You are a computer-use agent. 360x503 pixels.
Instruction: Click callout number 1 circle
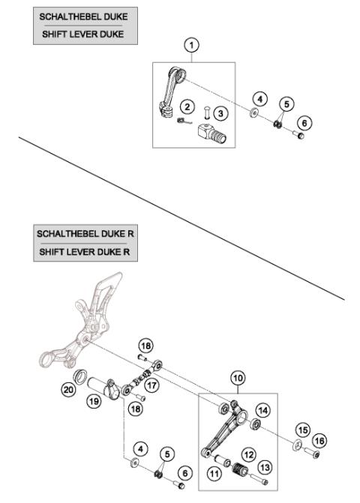[x=193, y=46]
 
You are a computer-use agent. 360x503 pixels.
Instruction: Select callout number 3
[x=220, y=113]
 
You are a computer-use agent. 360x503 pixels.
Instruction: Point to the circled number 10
[x=237, y=379]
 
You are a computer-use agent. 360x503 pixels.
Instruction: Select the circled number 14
[x=262, y=410]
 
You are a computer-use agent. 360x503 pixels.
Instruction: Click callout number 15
[x=302, y=431]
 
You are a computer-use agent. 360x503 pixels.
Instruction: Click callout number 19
[x=94, y=402]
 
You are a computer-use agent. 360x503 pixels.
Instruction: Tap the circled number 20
[x=69, y=389]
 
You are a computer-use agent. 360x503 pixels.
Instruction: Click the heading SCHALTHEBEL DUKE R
[x=84, y=233]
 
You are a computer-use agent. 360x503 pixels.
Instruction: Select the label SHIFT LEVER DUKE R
[x=84, y=253]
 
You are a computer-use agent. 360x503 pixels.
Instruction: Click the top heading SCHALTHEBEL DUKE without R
[x=80, y=15]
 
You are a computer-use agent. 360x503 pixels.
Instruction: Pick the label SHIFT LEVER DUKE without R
[x=80, y=34]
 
